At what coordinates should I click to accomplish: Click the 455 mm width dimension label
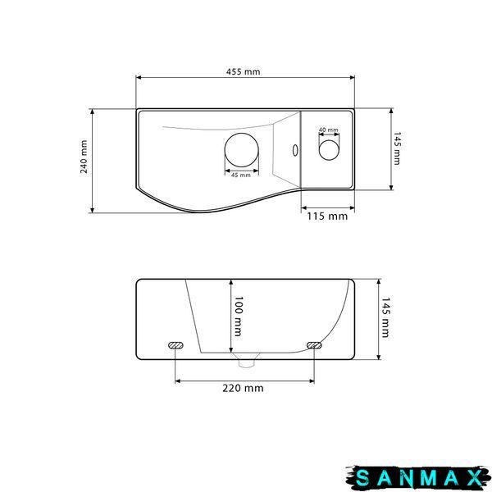coord(244,72)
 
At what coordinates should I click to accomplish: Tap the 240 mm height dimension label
coord(84,157)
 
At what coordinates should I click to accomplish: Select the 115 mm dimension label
coord(327,216)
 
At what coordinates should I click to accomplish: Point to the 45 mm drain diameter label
coord(241,175)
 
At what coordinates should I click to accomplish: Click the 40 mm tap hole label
coord(329,130)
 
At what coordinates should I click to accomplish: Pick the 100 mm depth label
coord(239,316)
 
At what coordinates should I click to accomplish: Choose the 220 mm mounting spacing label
coord(243,388)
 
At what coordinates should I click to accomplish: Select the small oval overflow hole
coord(295,150)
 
